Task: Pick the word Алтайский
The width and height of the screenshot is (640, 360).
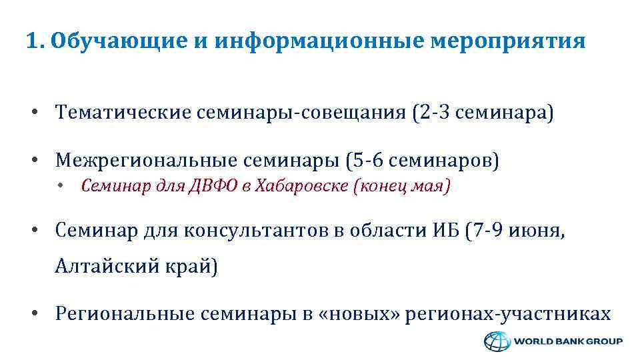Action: [x=106, y=267]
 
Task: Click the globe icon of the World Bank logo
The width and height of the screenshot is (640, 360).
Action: [x=496, y=341]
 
